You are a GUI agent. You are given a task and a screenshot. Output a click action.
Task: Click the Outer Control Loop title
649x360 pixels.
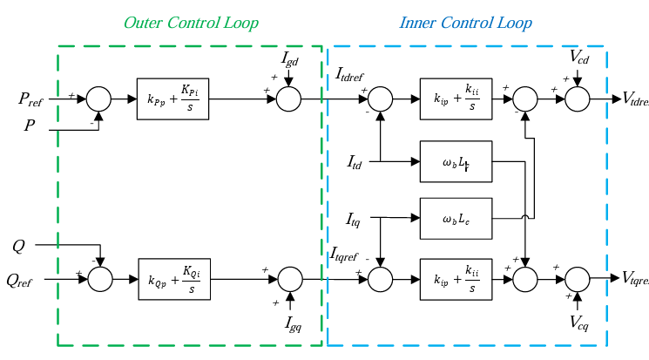191,22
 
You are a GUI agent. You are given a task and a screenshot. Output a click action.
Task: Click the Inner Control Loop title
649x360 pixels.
465,22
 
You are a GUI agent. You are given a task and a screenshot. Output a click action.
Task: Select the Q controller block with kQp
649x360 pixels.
173,278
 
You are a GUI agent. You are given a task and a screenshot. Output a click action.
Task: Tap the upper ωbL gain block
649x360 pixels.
456,161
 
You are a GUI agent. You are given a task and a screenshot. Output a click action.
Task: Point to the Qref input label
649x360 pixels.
24,280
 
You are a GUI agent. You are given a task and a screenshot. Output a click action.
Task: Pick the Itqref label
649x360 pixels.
348,255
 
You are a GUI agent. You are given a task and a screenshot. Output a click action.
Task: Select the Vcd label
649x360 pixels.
579,58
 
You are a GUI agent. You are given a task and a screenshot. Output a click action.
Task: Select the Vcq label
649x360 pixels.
579,324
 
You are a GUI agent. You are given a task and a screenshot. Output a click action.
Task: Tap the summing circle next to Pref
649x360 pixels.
98,99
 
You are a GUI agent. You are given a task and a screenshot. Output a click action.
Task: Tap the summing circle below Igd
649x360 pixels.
288,99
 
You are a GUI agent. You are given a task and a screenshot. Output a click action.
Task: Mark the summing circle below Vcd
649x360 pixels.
578,99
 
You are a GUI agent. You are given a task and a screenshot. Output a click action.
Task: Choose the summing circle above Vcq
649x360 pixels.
578,278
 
